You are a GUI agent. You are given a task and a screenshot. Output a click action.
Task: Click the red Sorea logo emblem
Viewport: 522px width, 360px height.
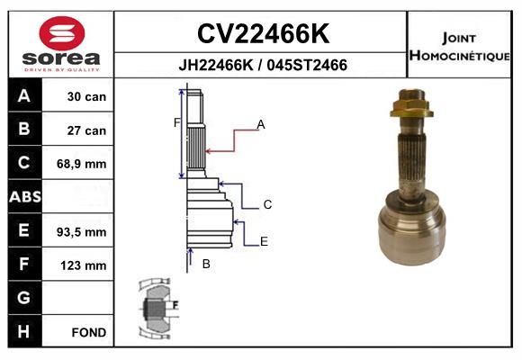tap(62, 33)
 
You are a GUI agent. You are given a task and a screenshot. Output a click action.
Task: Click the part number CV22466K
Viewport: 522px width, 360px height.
tap(263, 33)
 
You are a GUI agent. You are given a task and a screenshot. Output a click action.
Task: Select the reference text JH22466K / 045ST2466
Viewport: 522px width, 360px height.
tap(263, 65)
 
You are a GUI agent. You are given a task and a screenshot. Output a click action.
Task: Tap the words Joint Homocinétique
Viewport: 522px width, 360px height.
tap(459, 47)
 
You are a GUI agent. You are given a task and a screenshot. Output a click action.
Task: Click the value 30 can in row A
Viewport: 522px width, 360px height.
tap(86, 96)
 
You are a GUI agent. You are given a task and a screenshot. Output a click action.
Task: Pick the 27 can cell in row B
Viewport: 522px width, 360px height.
tap(86, 130)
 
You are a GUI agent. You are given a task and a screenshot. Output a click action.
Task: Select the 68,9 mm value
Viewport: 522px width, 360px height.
tap(82, 164)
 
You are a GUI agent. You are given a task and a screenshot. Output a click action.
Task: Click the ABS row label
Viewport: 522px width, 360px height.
tap(25, 196)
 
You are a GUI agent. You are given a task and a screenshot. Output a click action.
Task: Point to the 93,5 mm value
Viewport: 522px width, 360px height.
tap(82, 232)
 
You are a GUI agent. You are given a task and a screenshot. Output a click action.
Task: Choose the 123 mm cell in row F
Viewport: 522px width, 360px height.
tap(84, 265)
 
